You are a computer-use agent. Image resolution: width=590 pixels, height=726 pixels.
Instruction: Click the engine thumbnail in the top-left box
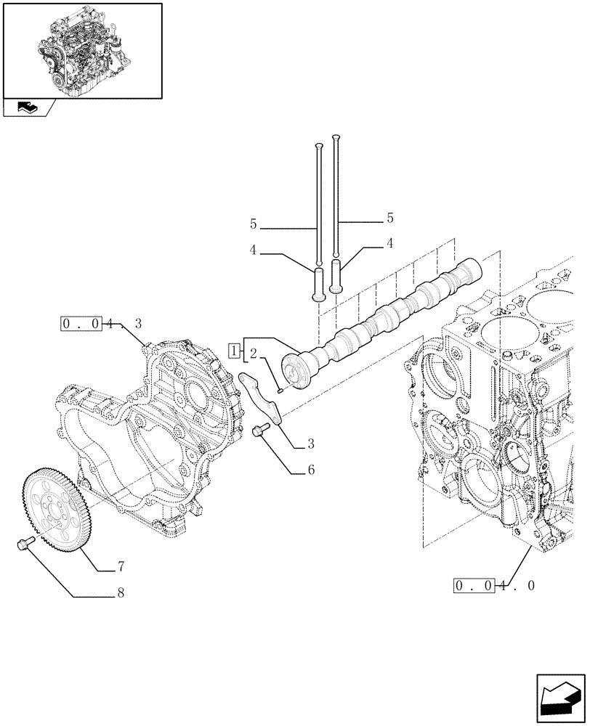[x=81, y=50]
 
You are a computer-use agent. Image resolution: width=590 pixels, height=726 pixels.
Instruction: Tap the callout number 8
[x=121, y=593]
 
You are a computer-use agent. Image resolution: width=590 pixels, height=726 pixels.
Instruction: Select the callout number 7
[x=121, y=565]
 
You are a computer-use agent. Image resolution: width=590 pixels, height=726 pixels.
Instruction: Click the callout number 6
[x=310, y=470]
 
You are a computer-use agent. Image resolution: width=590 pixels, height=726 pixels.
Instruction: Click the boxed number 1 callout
[x=233, y=352]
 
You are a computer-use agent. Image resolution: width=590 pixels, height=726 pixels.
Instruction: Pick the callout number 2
[x=253, y=354]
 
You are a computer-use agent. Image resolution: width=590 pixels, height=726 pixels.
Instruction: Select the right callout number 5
[x=390, y=217]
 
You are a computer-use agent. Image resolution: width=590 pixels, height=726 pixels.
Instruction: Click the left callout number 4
[x=253, y=250]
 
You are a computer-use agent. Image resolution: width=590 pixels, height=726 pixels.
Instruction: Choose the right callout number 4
[x=390, y=243]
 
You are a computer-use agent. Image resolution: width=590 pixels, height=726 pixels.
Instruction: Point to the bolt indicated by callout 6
[x=259, y=432]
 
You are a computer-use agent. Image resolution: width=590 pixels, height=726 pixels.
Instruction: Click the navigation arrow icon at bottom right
[x=559, y=698]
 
